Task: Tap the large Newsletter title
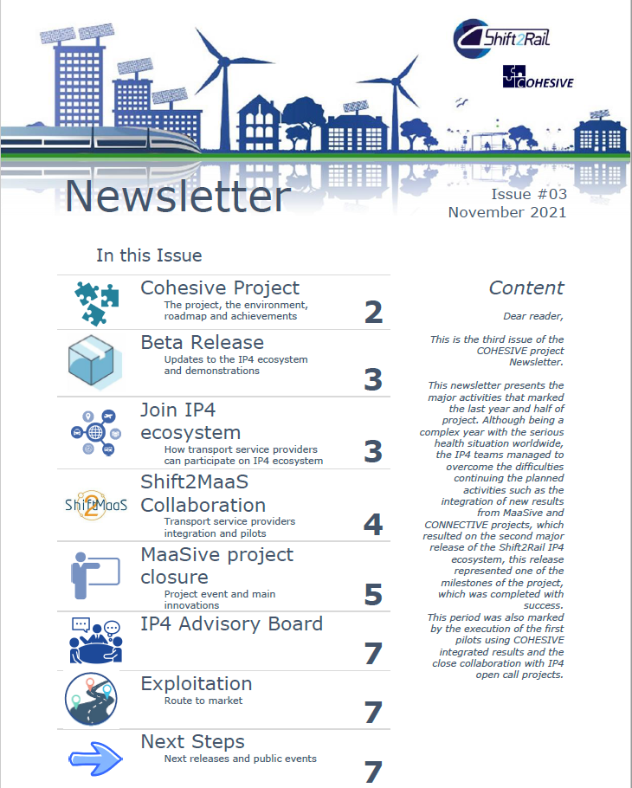coord(177,197)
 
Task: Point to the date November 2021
coord(507,212)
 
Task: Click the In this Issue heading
coord(149,255)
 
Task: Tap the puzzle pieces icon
coord(96,302)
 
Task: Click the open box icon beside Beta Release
coord(96,363)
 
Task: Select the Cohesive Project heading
coord(220,287)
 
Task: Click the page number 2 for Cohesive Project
coord(373,312)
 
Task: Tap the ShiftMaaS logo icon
coord(96,505)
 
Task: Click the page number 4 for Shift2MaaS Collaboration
coord(373,524)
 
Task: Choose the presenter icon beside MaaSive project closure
coord(96,575)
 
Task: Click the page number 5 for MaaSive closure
coord(373,595)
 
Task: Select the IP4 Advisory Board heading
coord(232,623)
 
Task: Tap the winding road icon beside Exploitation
coord(91,699)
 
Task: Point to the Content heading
coord(526,288)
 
